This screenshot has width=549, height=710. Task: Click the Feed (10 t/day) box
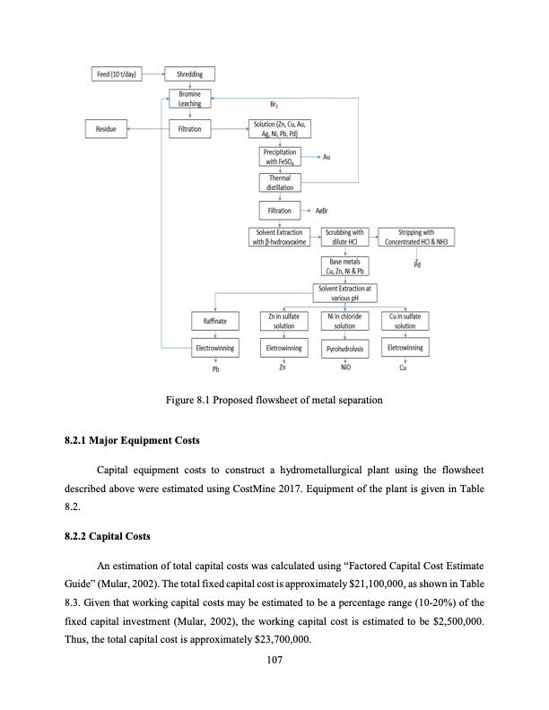[x=118, y=73]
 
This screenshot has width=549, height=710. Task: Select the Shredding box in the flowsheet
[x=188, y=73]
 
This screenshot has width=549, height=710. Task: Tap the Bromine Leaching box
[x=188, y=99]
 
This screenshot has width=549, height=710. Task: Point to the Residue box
[x=105, y=130]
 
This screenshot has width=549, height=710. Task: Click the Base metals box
[x=344, y=264]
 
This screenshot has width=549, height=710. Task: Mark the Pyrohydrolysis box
[x=345, y=347]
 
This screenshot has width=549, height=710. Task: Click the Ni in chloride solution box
[x=345, y=320]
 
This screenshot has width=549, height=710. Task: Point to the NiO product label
[x=345, y=368]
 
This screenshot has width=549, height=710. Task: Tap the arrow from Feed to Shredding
[x=154, y=73]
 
